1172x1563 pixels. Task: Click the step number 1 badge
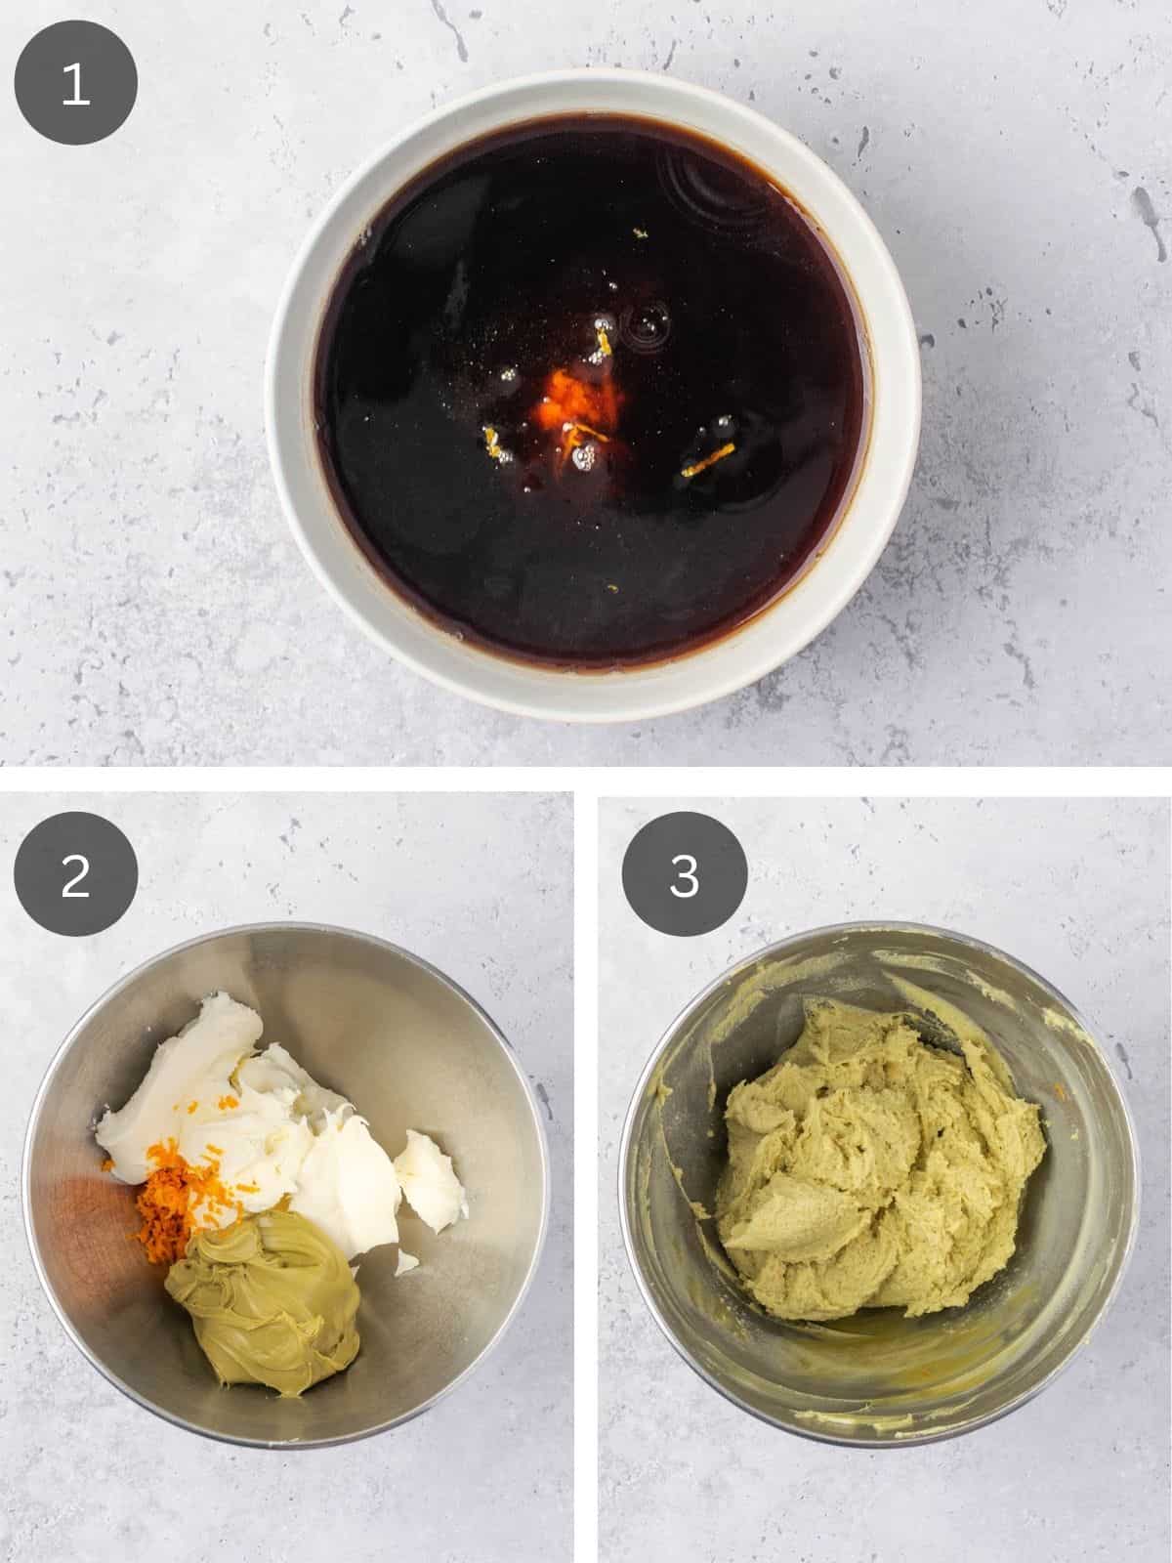(x=76, y=83)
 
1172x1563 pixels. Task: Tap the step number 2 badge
(x=76, y=875)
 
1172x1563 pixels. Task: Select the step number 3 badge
(x=686, y=875)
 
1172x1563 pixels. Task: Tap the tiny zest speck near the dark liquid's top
(x=642, y=232)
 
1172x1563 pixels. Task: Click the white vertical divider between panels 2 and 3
(x=585, y=1172)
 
